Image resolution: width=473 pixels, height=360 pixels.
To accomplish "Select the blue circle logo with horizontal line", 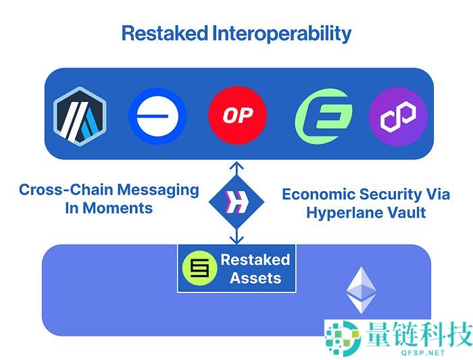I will pyautogui.click(x=157, y=115).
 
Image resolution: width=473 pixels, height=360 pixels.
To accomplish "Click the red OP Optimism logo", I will pyautogui.click(x=237, y=115).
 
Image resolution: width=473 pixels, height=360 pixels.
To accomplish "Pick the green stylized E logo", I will pyautogui.click(x=324, y=115).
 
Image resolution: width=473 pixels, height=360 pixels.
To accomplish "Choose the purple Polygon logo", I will pyautogui.click(x=397, y=115).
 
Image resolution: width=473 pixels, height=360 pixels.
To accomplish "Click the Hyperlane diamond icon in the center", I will pyautogui.click(x=236, y=201).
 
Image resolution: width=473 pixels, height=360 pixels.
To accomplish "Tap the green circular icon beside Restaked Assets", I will pyautogui.click(x=199, y=269).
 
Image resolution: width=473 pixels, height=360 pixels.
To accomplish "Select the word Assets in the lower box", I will pyautogui.click(x=255, y=278).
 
